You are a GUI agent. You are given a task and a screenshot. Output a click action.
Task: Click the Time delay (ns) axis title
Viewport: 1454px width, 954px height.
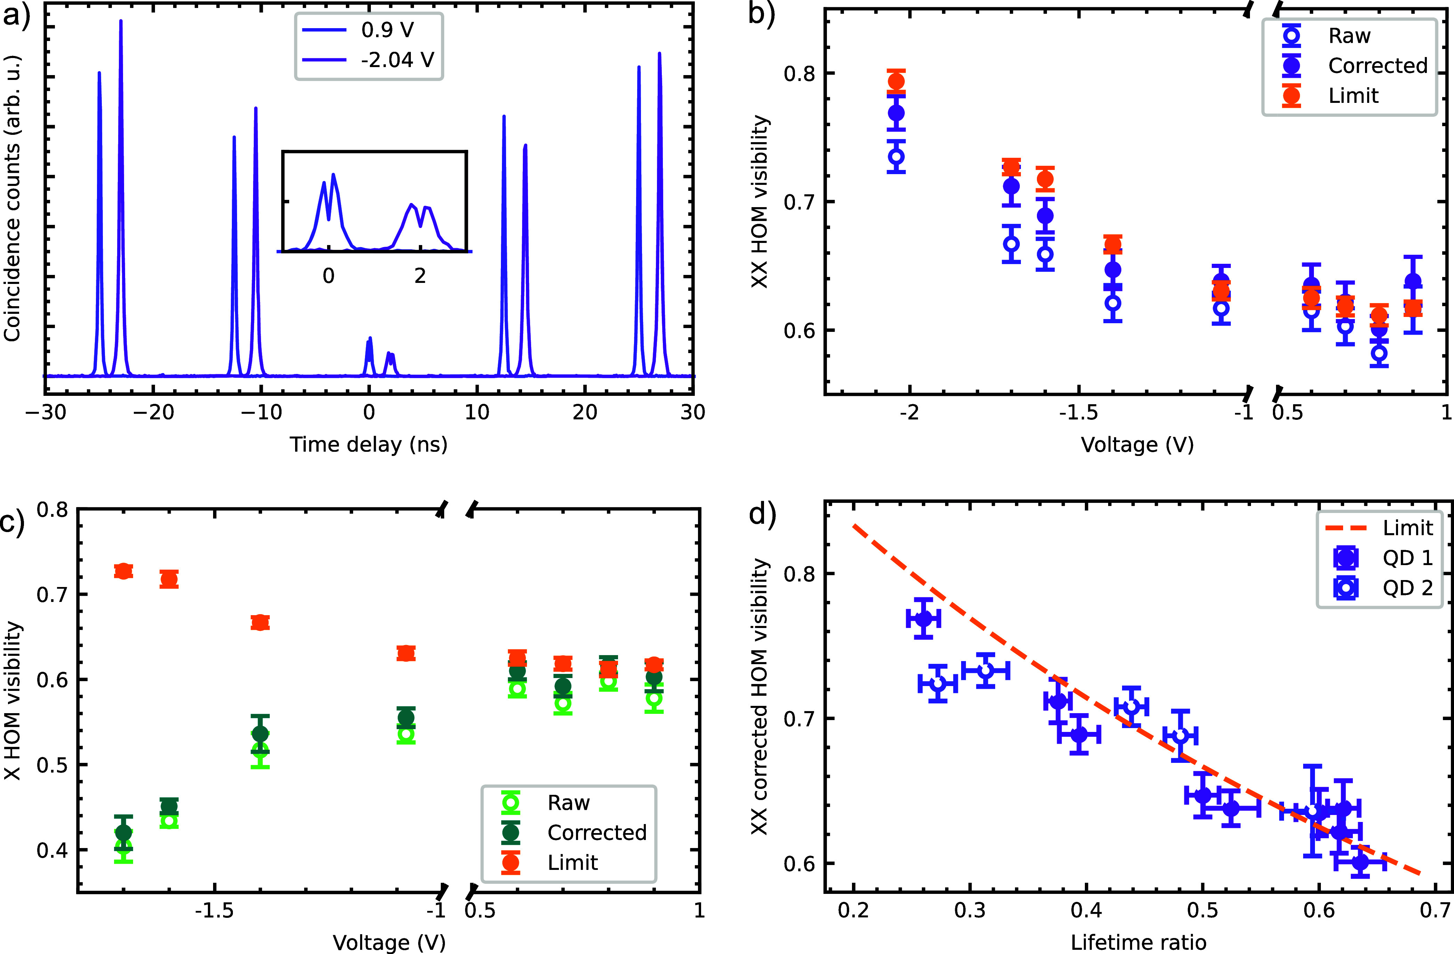pyautogui.click(x=368, y=444)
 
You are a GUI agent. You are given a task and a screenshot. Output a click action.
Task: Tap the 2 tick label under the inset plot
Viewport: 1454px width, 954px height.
pyautogui.click(x=420, y=276)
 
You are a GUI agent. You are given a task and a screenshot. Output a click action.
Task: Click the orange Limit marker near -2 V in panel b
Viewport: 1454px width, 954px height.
pyautogui.click(x=896, y=81)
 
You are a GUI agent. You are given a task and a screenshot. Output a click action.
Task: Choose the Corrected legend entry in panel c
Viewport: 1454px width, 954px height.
pyautogui.click(x=596, y=832)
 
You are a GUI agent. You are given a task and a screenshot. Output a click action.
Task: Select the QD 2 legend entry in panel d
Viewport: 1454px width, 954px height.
pyautogui.click(x=1407, y=588)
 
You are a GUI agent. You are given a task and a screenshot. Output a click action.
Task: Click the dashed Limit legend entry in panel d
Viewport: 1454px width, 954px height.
pyautogui.click(x=1407, y=528)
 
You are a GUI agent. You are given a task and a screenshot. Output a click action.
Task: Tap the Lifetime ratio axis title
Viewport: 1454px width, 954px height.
pyautogui.click(x=1138, y=943)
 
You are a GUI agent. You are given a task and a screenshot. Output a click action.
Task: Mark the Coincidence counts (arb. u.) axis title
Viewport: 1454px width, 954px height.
pyautogui.click(x=12, y=198)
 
